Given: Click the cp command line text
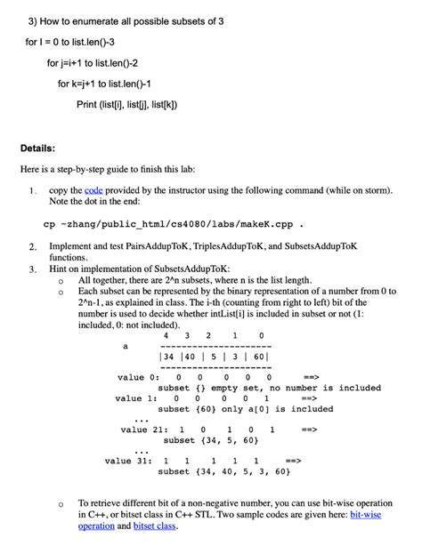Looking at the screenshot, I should tap(174, 224).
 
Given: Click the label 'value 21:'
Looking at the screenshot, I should tap(147, 430).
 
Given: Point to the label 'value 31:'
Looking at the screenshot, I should tap(131, 462).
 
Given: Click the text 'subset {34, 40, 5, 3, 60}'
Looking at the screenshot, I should tap(223, 472).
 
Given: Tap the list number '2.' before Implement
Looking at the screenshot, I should tap(32, 246).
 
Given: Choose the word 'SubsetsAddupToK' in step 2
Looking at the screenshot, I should tap(335, 246).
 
